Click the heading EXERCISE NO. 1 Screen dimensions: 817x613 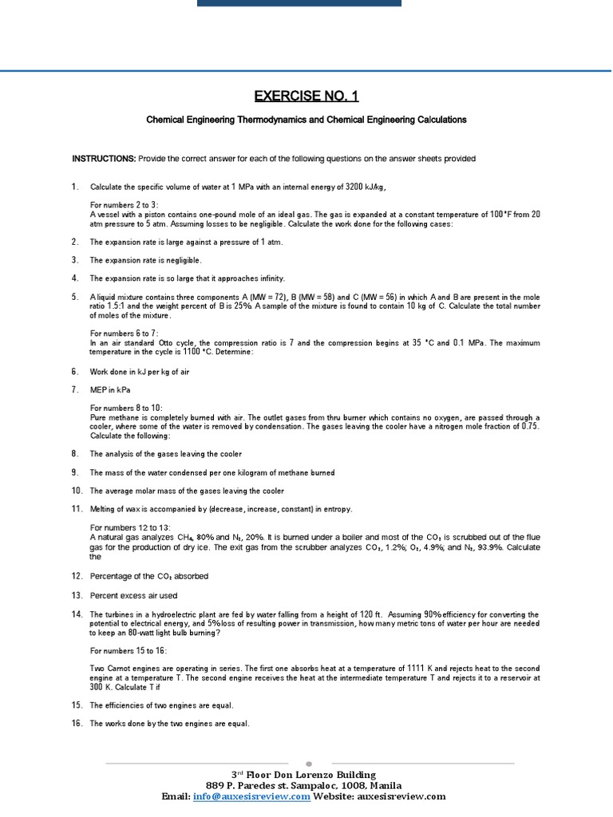tap(306, 97)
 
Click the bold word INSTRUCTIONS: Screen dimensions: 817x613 tap(104, 159)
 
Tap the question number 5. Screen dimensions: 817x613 tap(74, 297)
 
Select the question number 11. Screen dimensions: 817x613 tap(77, 509)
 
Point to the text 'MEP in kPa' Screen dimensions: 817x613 tap(110, 389)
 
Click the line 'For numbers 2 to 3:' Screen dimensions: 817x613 tap(124, 205)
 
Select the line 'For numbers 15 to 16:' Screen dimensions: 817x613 tap(129, 651)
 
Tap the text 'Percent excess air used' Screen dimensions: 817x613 tap(133, 595)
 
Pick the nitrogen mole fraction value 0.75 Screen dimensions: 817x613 tap(531, 427)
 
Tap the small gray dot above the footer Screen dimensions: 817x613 tap(309, 763)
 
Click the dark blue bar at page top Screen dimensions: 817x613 tap(299, 3)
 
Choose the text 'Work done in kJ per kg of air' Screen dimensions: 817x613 tap(139, 372)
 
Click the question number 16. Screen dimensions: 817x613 tap(77, 724)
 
